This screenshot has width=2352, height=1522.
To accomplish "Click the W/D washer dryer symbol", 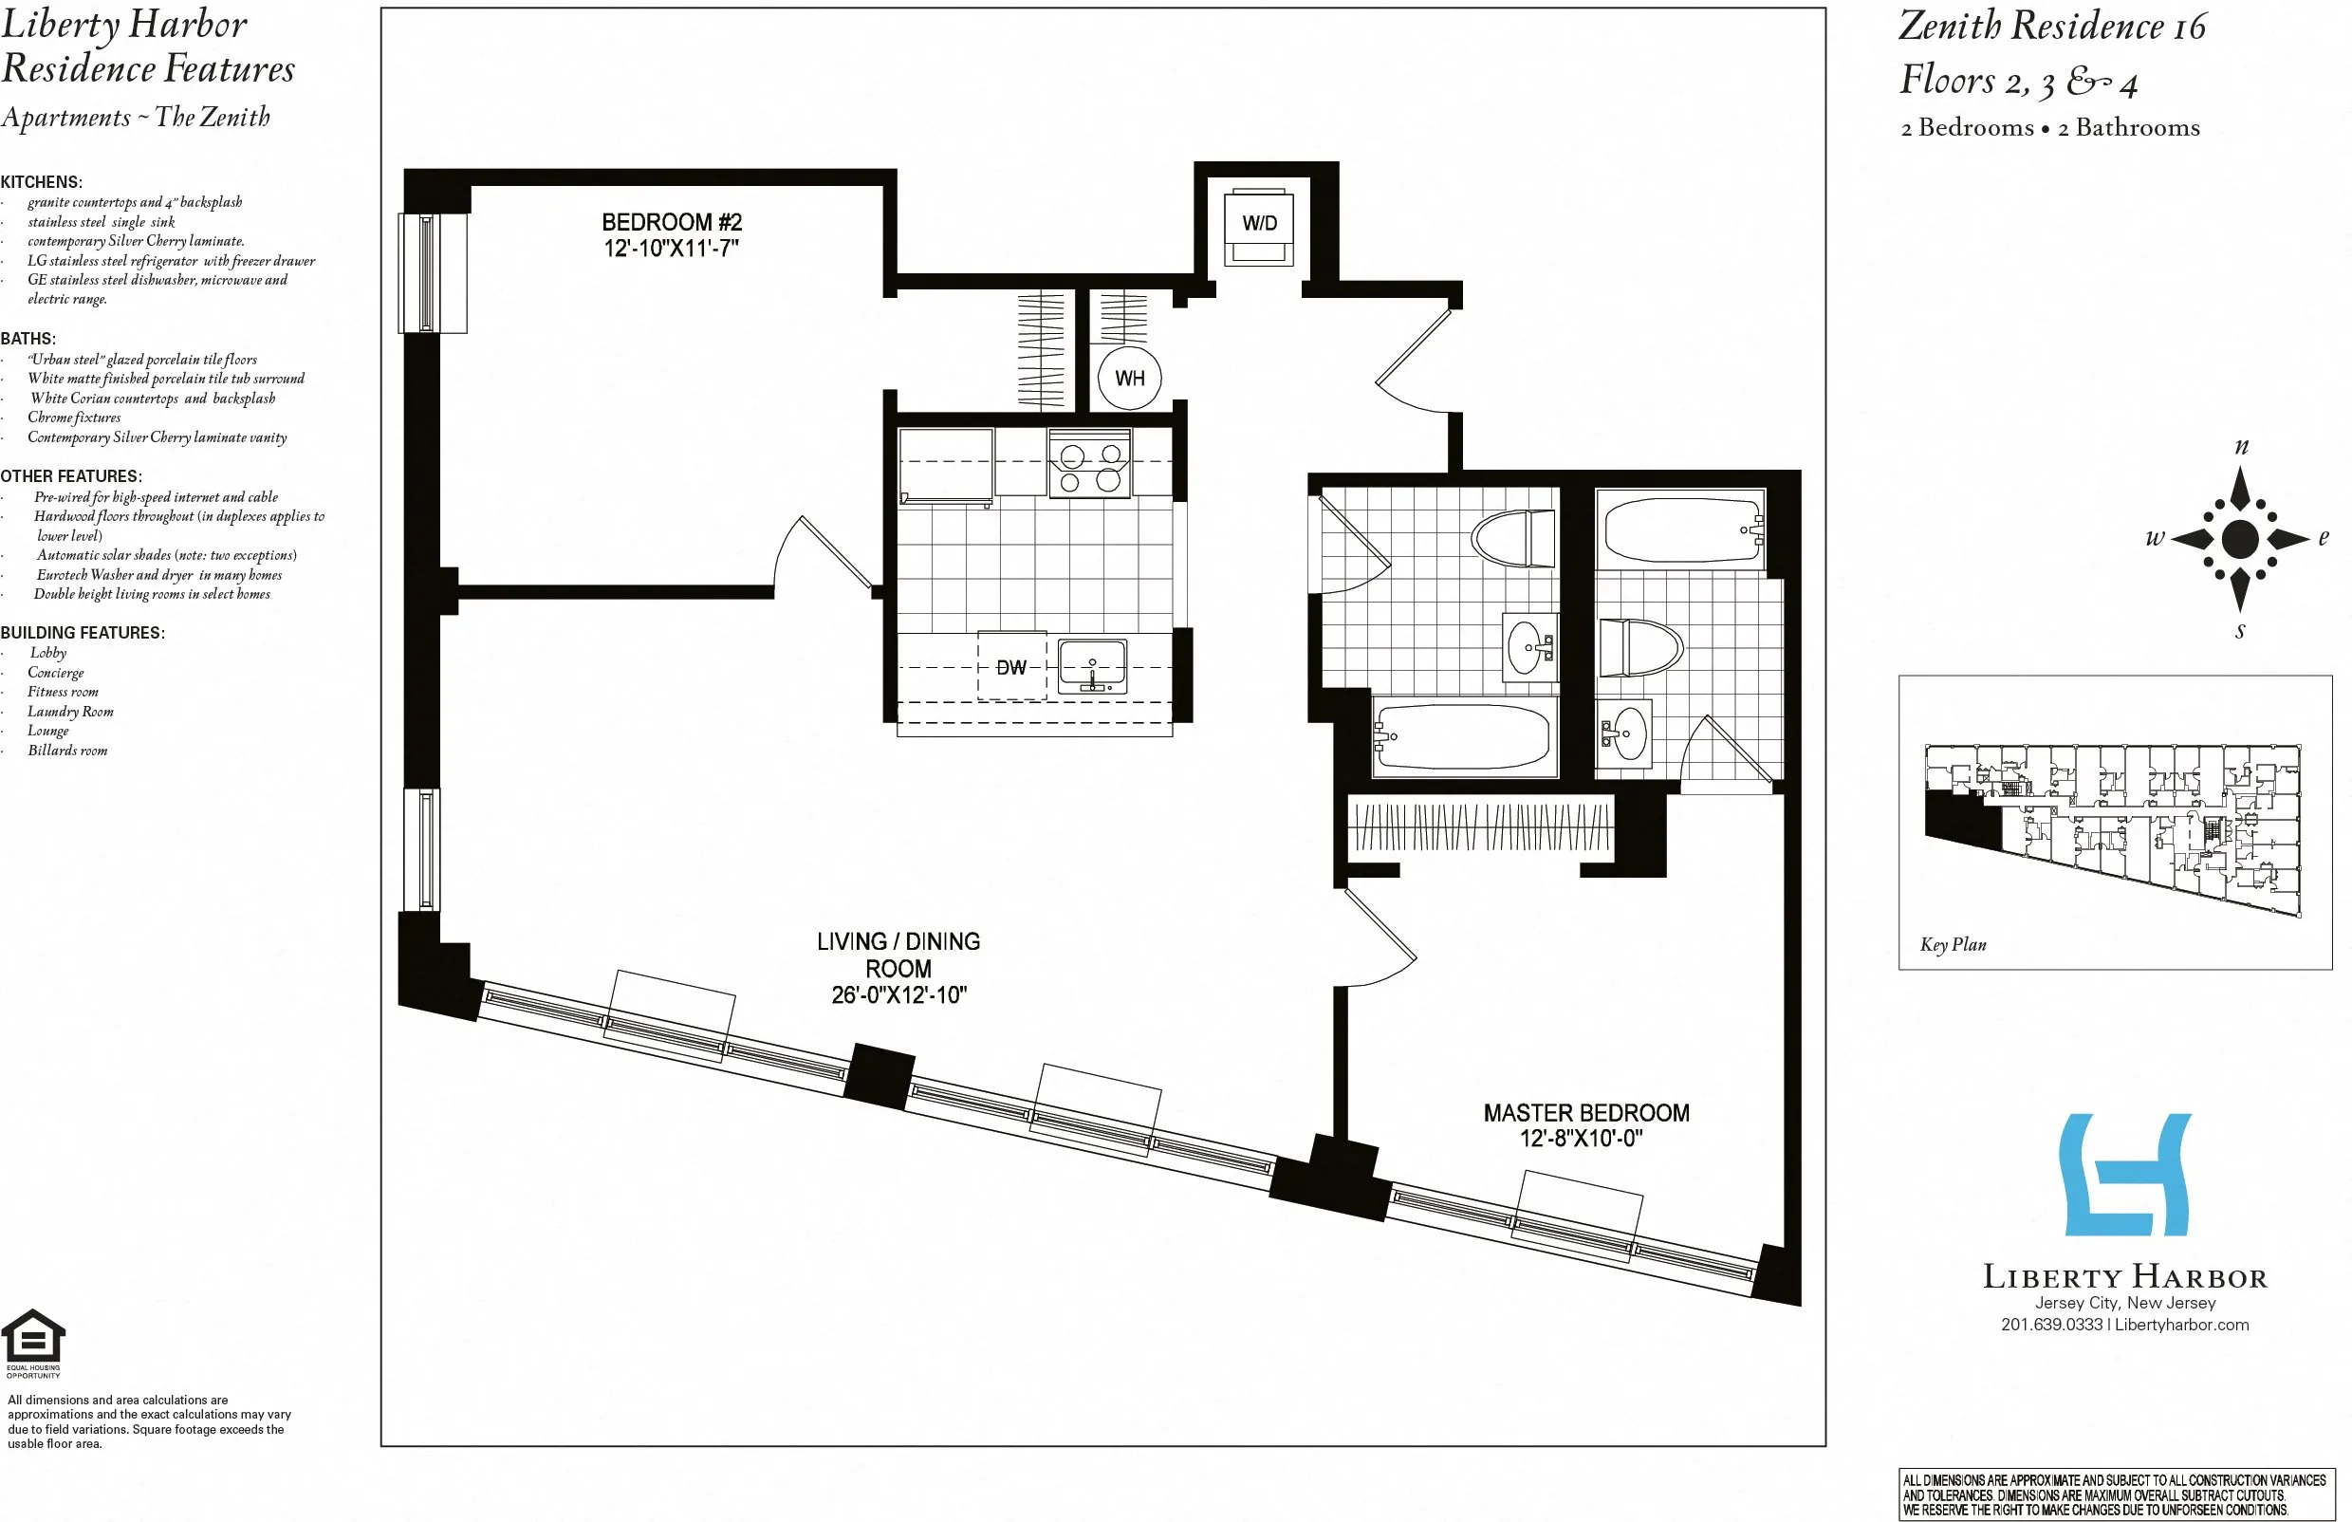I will pyautogui.click(x=1258, y=227).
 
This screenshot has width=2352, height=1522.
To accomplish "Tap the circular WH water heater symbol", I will pyautogui.click(x=1130, y=378).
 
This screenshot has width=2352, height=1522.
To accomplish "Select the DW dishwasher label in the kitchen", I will pyautogui.click(x=1011, y=668).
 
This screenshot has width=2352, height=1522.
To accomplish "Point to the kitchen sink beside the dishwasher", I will pyautogui.click(x=1092, y=667).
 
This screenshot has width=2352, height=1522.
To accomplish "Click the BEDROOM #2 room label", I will pyautogui.click(x=671, y=222).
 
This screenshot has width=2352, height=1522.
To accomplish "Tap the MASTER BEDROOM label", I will pyautogui.click(x=1585, y=1113).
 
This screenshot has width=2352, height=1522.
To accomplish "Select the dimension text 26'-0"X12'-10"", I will pyautogui.click(x=898, y=995).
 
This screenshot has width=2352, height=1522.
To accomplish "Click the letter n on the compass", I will pyautogui.click(x=2240, y=446).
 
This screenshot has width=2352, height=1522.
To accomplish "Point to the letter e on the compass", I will pyautogui.click(x=2323, y=538).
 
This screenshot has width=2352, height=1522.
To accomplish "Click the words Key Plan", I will pyautogui.click(x=1952, y=944).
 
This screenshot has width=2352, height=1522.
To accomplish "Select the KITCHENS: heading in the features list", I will pyautogui.click(x=42, y=182).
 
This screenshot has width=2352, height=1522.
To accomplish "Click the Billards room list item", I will pyautogui.click(x=67, y=751).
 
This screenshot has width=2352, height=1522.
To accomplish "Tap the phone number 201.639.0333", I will pyautogui.click(x=2050, y=1325).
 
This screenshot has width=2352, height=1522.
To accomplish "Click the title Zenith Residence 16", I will pyautogui.click(x=2050, y=27).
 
